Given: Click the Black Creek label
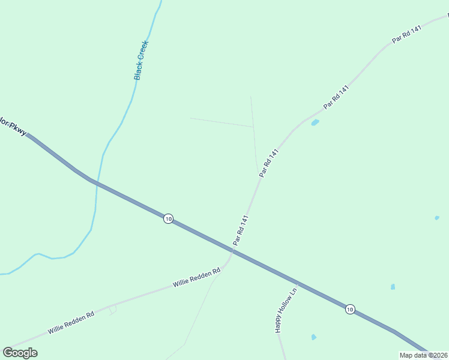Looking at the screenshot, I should point(141,60).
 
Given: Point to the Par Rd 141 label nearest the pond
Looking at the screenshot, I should point(336,97).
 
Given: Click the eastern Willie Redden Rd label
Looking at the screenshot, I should point(197,277).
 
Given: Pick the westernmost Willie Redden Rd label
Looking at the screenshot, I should point(71,322).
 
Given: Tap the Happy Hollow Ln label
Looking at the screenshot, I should point(286,311).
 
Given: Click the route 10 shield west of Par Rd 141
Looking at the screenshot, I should point(168,219).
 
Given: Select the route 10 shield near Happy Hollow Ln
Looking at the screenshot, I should point(350,310).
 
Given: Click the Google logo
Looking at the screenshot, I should point(20,352).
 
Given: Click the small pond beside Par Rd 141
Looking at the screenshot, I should point(315,123).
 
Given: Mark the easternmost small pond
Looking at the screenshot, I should point(437,218).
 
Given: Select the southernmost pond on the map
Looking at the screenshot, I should point(313,337).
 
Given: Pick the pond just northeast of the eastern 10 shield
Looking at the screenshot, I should point(393,287).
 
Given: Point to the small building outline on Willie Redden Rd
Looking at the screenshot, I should point(112,309).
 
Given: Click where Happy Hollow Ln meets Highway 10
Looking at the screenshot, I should point(297,283).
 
